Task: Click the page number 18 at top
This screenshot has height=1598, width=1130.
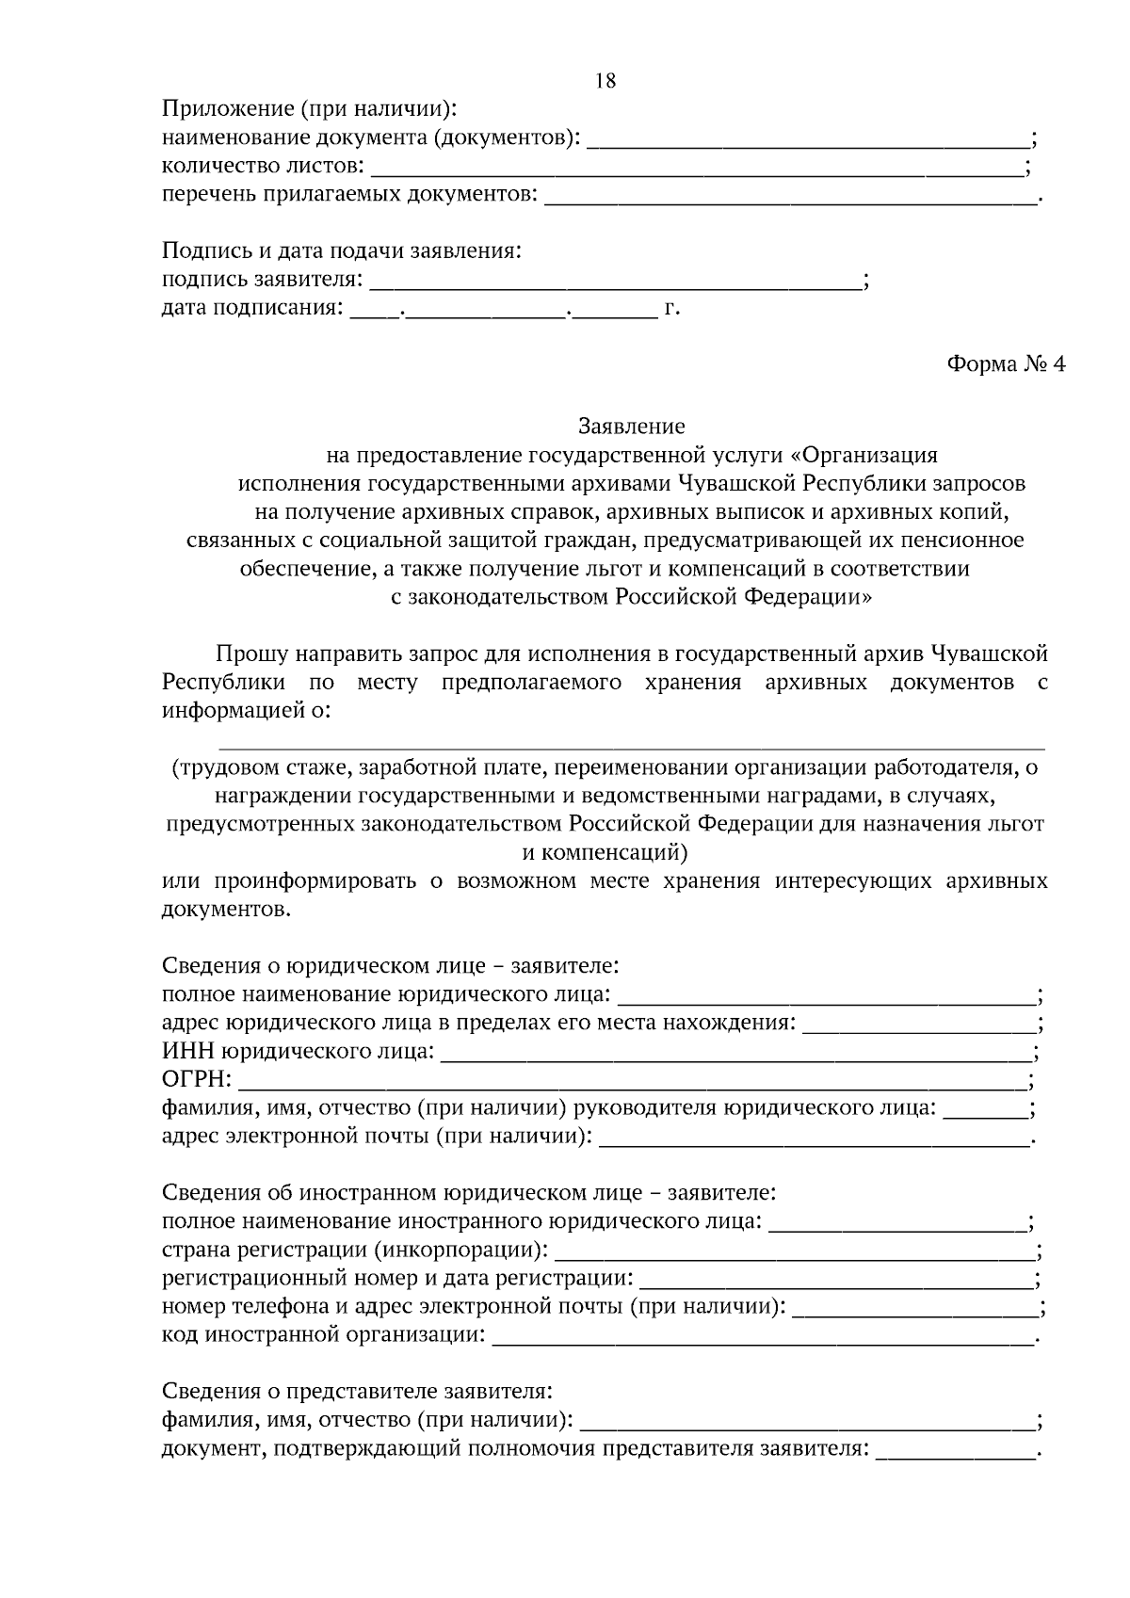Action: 606,81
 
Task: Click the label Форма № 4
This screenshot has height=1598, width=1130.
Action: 1006,364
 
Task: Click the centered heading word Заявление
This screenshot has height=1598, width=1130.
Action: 632,427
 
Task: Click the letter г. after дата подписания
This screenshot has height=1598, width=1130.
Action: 671,308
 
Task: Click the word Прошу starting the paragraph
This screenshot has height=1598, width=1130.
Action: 251,654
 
